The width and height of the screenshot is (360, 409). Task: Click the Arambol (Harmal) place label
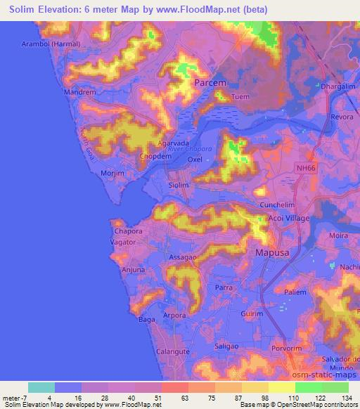(51, 44)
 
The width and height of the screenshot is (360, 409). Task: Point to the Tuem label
(240, 97)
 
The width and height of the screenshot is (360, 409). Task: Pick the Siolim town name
(179, 185)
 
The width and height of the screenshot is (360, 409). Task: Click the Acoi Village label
(289, 219)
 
